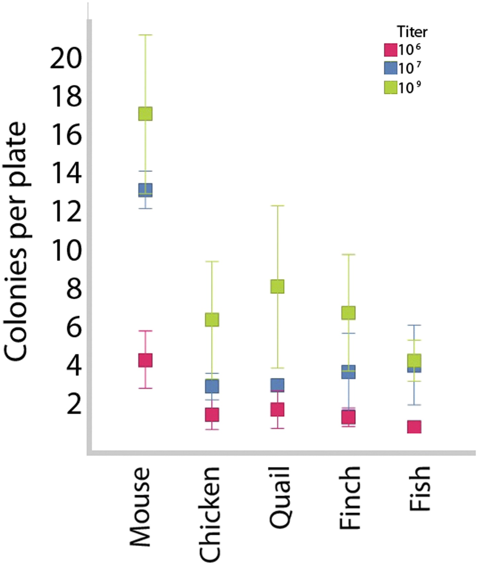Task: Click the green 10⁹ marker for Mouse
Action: click(x=145, y=114)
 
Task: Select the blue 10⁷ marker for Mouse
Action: click(x=145, y=190)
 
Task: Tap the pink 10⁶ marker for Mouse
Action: click(x=145, y=360)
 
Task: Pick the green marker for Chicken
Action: click(x=212, y=320)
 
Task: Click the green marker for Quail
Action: click(x=278, y=286)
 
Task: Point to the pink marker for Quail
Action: click(x=278, y=409)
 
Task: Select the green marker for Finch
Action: click(x=348, y=313)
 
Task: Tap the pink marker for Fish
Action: click(x=414, y=427)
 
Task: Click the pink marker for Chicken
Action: click(x=212, y=415)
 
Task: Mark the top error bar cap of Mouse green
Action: click(x=145, y=35)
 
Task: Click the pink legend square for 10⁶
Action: click(x=390, y=50)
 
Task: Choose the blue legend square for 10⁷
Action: click(x=390, y=68)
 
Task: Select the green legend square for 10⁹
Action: click(x=390, y=87)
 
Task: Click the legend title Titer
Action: click(x=412, y=32)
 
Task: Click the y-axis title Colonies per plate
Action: click(x=15, y=242)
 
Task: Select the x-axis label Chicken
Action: click(x=209, y=515)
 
